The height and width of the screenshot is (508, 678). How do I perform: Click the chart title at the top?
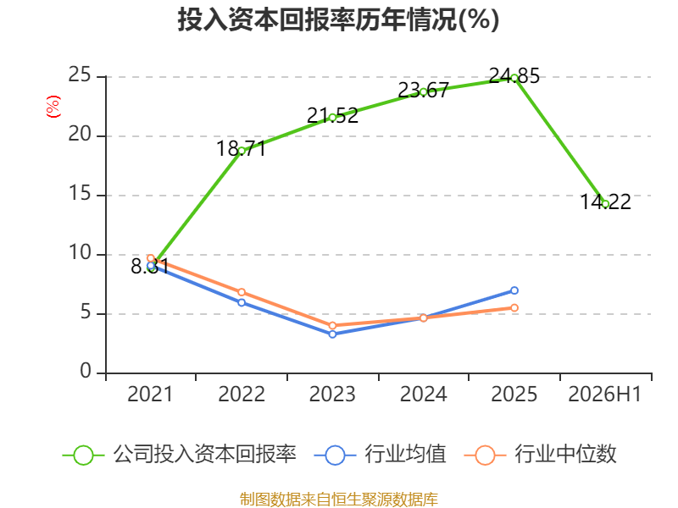tap(338, 19)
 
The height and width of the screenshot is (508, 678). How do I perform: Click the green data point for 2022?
tap(242, 151)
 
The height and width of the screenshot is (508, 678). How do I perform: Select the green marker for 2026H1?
tap(605, 204)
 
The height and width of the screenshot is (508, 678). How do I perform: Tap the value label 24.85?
tap(514, 76)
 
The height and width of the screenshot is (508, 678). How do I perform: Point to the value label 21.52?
tap(332, 116)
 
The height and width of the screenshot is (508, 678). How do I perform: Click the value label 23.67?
tap(423, 91)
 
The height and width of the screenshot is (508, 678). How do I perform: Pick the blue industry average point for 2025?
tap(514, 290)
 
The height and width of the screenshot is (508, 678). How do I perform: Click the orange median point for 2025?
tap(514, 308)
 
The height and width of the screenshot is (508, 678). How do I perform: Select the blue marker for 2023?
tap(332, 334)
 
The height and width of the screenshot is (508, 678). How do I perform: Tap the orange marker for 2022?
tap(242, 292)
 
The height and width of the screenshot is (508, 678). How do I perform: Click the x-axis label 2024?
tap(423, 394)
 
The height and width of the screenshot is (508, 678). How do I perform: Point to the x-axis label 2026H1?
tap(605, 394)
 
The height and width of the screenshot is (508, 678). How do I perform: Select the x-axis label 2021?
tap(150, 394)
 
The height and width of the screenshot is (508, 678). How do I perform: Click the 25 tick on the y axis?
tap(80, 75)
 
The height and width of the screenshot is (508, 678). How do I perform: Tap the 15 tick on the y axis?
tap(80, 194)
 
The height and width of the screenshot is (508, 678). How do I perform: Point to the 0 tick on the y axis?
tap(86, 372)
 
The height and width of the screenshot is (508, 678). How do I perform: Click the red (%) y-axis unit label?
tap(53, 107)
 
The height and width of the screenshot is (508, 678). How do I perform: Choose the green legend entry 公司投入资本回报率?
tap(180, 455)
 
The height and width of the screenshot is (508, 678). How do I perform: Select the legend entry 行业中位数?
tap(540, 455)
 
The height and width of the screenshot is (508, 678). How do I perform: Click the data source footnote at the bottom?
tap(339, 499)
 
